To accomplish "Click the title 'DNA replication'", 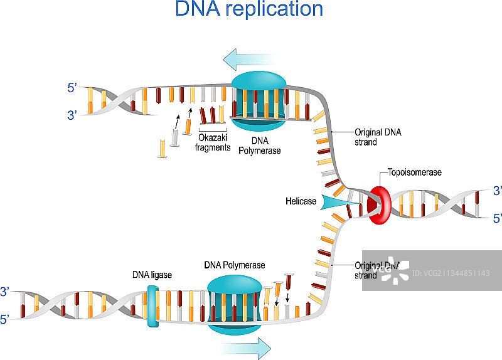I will pyautogui.click(x=249, y=10).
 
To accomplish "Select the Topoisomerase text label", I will pyautogui.click(x=415, y=172).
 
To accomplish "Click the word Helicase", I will pyautogui.click(x=301, y=201).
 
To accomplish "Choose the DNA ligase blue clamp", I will pyautogui.click(x=151, y=307).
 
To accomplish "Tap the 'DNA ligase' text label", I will pyautogui.click(x=152, y=275).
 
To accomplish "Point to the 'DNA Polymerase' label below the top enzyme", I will pyautogui.click(x=259, y=146).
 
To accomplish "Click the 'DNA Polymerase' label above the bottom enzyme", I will pyautogui.click(x=235, y=265).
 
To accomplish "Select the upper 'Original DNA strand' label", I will pyautogui.click(x=378, y=137).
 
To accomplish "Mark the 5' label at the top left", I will pyautogui.click(x=72, y=89).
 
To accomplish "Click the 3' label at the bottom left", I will pyautogui.click(x=5, y=292).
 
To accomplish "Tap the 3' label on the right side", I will pyautogui.click(x=498, y=190).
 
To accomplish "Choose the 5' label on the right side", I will pyautogui.click(x=498, y=218).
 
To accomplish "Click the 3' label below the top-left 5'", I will pyautogui.click(x=72, y=115).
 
